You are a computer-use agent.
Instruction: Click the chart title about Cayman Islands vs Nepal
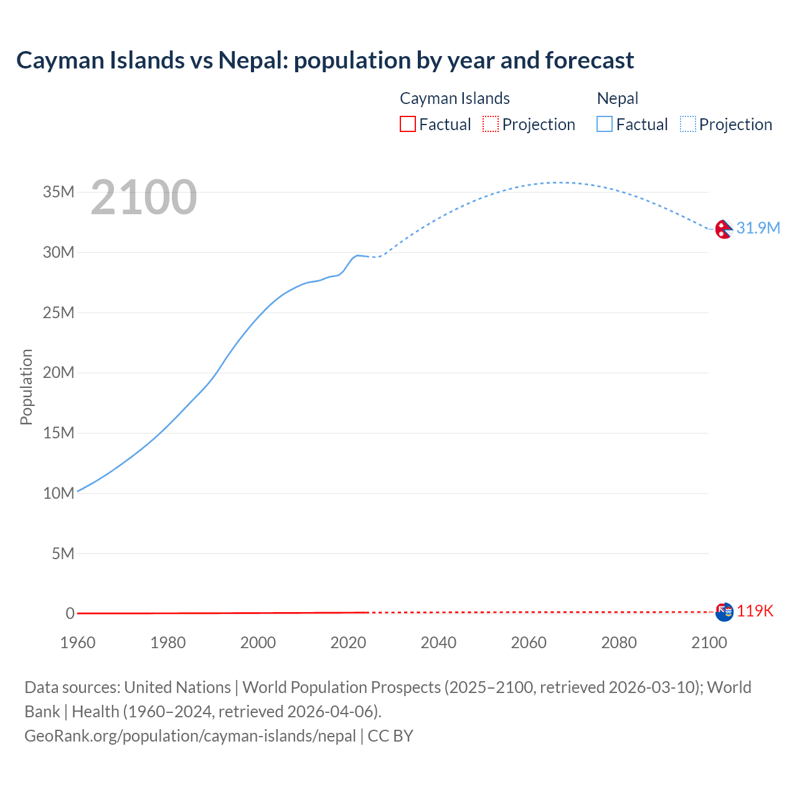pos(325,60)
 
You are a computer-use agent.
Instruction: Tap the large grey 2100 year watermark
pos(144,197)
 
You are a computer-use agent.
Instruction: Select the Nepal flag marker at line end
pos(723,229)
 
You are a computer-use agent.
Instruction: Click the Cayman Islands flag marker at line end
pos(724,612)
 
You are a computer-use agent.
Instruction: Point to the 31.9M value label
pos(758,228)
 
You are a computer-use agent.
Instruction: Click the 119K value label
pos(755,611)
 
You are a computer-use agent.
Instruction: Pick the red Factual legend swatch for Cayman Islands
pos(408,125)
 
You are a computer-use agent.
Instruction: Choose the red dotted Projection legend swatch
pos(491,125)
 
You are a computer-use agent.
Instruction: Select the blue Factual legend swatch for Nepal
pos(605,125)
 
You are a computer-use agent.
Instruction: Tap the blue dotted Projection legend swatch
pos(688,125)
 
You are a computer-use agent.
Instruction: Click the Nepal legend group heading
pos(618,98)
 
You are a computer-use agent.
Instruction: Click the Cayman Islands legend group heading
pos(455,98)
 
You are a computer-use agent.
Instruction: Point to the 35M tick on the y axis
pos(59,192)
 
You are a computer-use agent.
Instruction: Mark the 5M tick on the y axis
pos(63,554)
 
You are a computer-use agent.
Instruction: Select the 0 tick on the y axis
pos(70,613)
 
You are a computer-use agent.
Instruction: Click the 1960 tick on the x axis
pos(78,643)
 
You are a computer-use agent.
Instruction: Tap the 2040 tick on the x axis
pos(438,643)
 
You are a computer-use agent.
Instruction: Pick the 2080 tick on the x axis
pos(619,643)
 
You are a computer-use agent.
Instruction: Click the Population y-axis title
pos(26,387)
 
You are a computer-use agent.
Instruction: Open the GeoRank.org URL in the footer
pos(190,736)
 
